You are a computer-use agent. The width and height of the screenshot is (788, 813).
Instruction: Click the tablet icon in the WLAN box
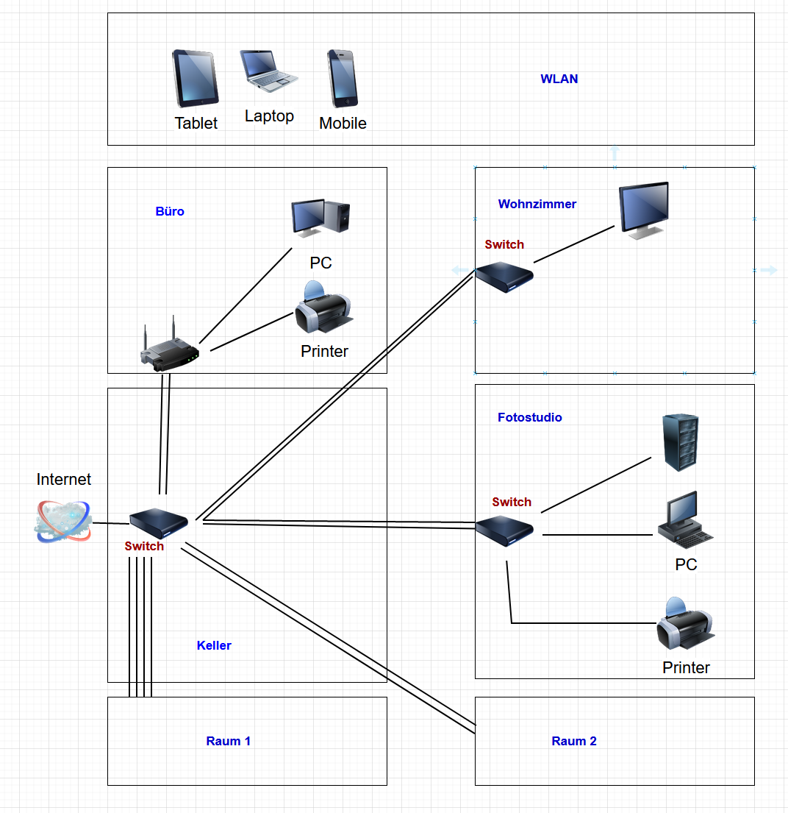196,79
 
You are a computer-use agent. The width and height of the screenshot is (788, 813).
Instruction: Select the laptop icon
269,71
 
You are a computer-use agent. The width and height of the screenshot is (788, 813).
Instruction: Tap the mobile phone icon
342,79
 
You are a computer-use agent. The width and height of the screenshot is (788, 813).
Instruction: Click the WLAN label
559,79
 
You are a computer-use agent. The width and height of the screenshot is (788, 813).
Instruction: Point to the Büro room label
170,211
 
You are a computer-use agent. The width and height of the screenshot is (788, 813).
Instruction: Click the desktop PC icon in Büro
320,218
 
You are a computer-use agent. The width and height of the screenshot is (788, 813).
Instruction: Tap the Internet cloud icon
63,521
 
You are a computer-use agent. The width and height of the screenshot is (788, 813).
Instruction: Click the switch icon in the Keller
158,523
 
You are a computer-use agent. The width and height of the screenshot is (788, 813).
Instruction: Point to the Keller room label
214,645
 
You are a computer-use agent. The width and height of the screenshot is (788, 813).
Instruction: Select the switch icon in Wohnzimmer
504,277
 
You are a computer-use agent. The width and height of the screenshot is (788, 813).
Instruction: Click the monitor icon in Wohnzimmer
644,209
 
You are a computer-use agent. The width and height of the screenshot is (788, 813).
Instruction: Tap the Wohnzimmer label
537,204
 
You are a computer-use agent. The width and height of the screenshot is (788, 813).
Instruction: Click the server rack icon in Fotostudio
681,441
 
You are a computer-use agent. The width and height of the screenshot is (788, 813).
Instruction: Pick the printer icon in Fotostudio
685,626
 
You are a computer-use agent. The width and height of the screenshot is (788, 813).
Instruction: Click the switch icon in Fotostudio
504,530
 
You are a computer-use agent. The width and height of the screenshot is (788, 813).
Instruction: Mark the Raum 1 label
229,741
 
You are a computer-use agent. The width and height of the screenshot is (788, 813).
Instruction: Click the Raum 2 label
574,741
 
